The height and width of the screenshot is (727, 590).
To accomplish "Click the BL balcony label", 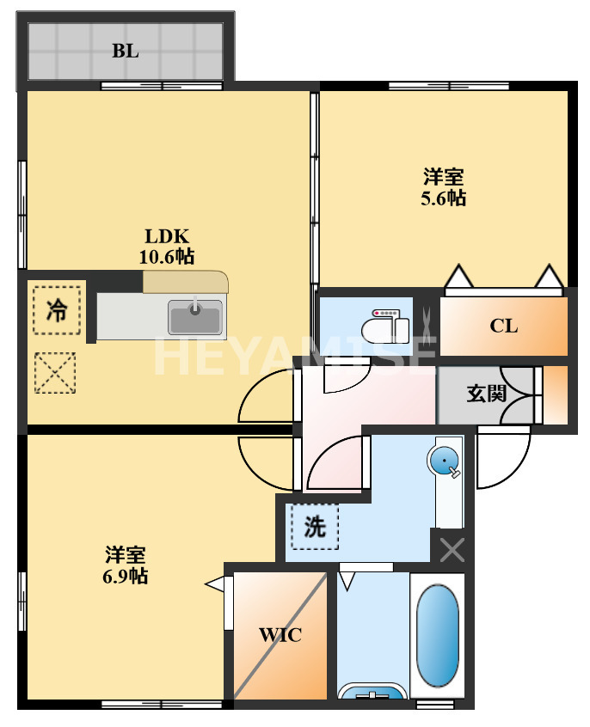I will [125, 51].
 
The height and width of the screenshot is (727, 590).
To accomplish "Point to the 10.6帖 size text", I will [166, 256].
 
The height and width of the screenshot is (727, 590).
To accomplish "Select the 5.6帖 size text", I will [443, 199].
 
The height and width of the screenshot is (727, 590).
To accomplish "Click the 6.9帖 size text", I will [125, 576].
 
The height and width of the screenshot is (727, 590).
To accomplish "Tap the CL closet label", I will [503, 326].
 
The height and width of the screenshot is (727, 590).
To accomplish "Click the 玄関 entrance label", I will [486, 394].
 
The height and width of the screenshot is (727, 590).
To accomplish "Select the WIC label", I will [280, 636].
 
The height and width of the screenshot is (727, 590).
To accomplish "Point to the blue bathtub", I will [438, 636].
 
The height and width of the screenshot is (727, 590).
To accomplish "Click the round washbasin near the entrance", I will [445, 462].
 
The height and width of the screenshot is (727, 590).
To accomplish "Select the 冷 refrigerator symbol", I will [57, 309].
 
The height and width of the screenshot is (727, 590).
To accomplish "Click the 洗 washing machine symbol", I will [315, 526].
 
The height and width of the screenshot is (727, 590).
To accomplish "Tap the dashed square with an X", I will [55, 374].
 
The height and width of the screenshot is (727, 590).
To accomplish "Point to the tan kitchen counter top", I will [186, 283].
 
